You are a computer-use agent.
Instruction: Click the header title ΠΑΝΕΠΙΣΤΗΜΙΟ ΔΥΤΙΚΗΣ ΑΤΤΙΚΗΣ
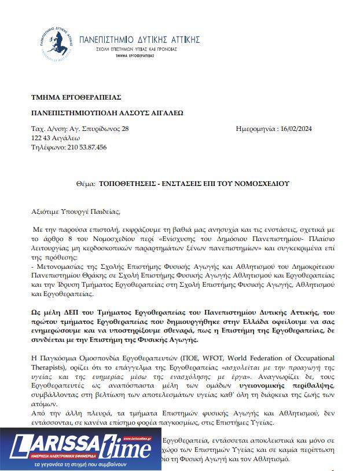click(139, 39)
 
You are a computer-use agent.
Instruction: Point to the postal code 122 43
click(41, 138)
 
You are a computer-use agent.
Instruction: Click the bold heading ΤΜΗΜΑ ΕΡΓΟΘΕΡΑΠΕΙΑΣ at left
click(76, 97)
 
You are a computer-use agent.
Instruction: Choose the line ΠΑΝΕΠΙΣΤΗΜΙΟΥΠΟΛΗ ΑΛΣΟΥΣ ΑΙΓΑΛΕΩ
click(107, 113)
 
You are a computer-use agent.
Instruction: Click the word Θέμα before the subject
click(86, 184)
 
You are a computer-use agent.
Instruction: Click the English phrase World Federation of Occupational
click(275, 359)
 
